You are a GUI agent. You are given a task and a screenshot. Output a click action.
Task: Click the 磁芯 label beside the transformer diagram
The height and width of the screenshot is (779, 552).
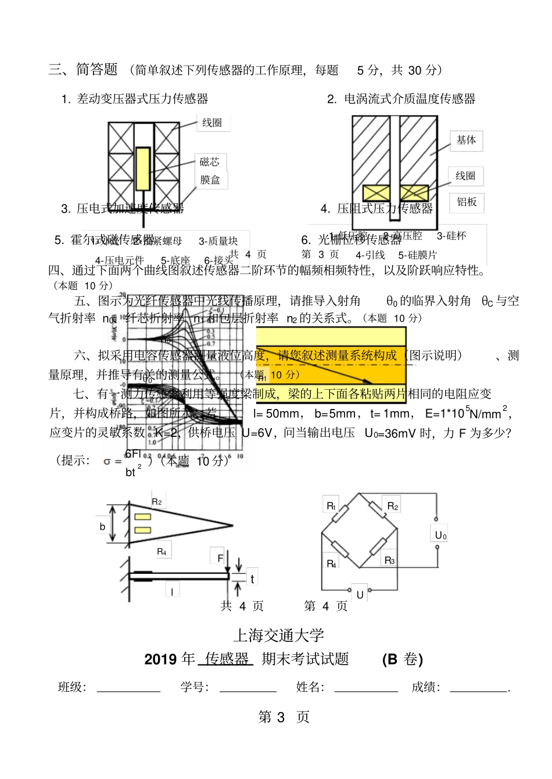click(x=210, y=162)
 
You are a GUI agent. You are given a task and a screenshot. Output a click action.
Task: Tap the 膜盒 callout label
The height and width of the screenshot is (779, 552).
click(x=210, y=180)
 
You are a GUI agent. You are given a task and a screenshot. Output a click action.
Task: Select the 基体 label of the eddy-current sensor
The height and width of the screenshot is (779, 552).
click(x=466, y=140)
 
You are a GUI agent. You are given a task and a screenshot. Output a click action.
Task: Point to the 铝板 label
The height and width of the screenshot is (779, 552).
click(x=467, y=202)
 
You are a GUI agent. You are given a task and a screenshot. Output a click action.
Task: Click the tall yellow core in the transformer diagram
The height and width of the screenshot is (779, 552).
click(x=143, y=168)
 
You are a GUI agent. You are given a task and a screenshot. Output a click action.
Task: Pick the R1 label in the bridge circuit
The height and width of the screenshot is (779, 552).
click(x=331, y=506)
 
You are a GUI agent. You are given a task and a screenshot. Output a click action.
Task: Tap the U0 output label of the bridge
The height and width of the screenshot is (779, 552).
click(x=441, y=535)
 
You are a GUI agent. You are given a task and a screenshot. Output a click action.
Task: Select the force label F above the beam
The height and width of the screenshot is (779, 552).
click(x=220, y=558)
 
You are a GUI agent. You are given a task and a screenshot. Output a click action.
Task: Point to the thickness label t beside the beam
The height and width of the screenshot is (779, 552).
click(x=252, y=579)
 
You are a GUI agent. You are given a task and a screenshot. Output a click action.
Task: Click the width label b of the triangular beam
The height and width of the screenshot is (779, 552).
click(x=102, y=526)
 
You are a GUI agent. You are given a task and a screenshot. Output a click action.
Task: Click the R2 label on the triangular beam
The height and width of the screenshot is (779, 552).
click(x=156, y=501)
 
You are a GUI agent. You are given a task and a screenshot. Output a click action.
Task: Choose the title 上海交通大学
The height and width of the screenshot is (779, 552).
click(x=278, y=636)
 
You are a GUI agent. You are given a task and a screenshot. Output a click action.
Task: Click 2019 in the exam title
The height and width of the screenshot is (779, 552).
click(x=160, y=659)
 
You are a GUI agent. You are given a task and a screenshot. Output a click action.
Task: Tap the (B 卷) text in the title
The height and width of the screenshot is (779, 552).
click(x=402, y=659)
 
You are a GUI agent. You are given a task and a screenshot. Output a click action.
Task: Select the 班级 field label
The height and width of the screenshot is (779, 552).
click(x=71, y=688)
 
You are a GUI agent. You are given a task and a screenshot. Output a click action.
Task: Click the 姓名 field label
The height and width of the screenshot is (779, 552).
click(x=310, y=688)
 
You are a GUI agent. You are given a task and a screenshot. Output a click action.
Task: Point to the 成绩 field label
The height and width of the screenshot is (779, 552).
click(x=425, y=688)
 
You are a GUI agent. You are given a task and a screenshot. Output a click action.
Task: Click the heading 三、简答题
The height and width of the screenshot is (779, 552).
click(x=84, y=70)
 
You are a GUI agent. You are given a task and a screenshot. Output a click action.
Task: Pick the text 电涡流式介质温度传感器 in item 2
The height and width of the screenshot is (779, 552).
click(x=410, y=99)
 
